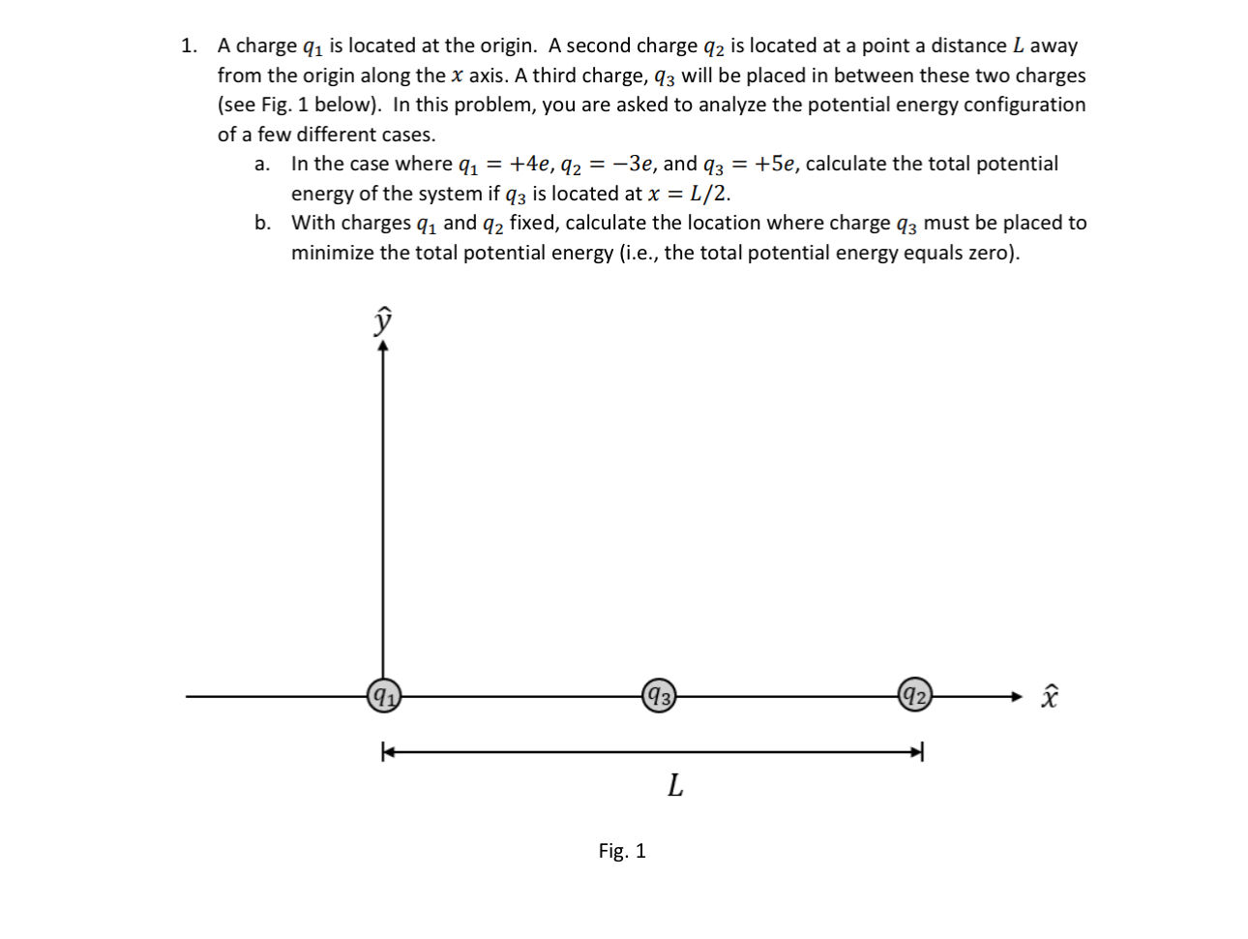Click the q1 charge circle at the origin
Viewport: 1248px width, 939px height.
[383, 695]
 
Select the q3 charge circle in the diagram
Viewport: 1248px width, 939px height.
[658, 695]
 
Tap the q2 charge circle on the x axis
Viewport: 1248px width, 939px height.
[914, 695]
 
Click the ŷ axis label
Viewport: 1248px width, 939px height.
[384, 320]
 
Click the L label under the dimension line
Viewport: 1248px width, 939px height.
[675, 786]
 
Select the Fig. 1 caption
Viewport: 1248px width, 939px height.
[622, 851]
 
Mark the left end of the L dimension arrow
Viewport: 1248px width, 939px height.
[386, 750]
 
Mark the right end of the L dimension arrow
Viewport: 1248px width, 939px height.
[920, 750]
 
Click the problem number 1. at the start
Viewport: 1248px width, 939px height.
[190, 45]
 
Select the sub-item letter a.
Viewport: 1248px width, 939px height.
[261, 164]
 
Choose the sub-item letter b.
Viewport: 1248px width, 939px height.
[262, 223]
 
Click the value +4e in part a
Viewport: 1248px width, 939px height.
[532, 164]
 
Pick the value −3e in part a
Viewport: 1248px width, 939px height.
[634, 164]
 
